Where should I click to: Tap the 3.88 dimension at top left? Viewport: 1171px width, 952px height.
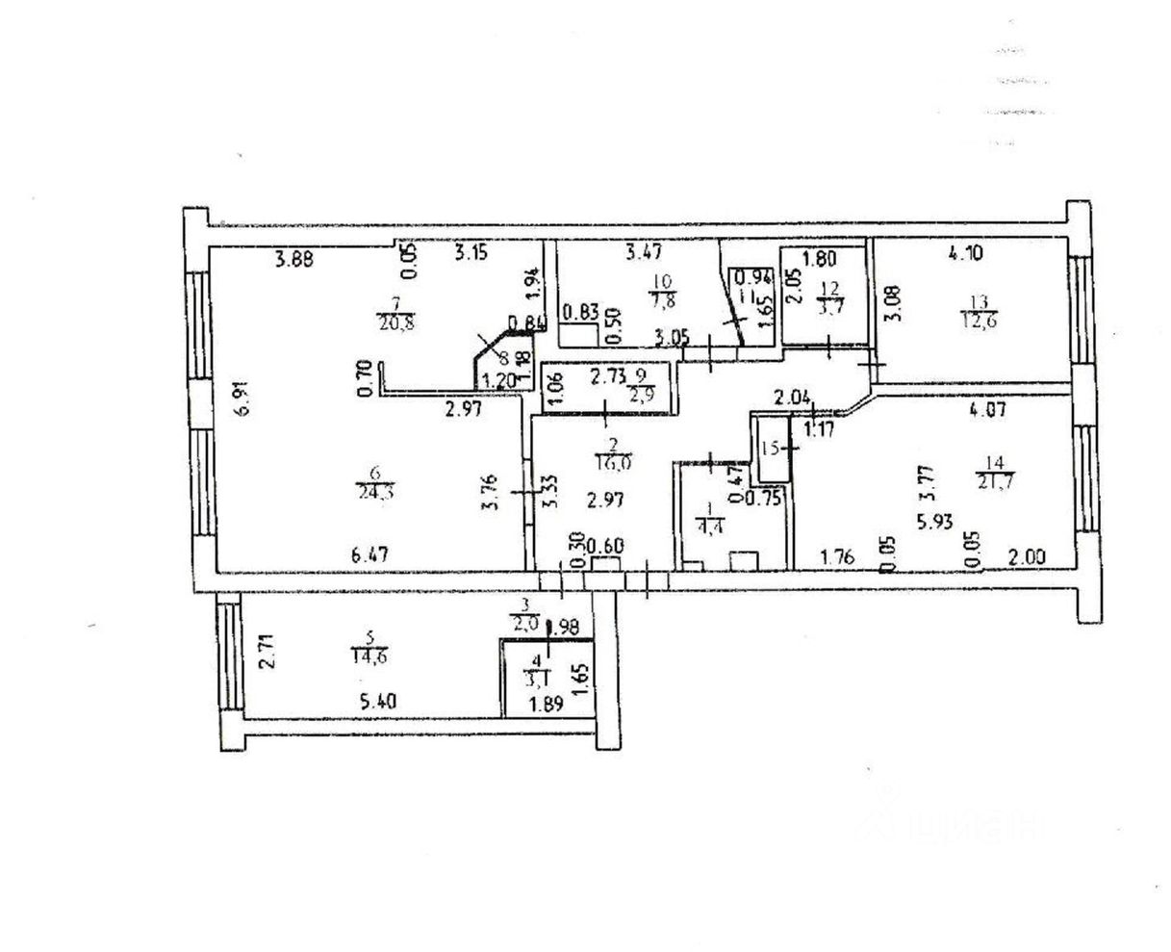294,257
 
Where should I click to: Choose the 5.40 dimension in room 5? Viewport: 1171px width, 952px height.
379,703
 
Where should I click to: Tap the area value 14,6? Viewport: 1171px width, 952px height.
369,659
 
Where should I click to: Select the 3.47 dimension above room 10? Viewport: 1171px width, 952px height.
645,254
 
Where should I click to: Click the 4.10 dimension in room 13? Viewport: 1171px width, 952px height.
967,255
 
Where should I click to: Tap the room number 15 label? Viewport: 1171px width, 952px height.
769,448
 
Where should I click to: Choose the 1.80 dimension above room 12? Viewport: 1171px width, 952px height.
819,258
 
